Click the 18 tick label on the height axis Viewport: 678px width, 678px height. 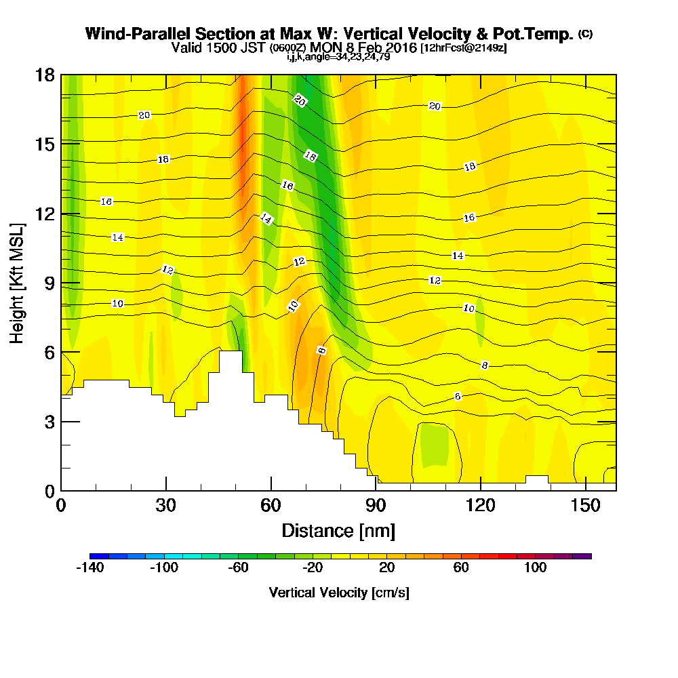(x=45, y=75)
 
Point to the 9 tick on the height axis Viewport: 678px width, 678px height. (x=61, y=283)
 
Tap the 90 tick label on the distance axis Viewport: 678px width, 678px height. (x=376, y=506)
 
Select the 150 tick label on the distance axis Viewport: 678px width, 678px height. (x=585, y=506)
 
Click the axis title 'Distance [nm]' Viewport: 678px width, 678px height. (x=338, y=530)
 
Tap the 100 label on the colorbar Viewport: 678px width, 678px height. (x=536, y=567)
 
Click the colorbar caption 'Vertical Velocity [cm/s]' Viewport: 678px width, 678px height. (x=339, y=593)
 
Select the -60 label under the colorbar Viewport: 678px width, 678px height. (x=238, y=567)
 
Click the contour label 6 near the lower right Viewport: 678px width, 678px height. (x=458, y=397)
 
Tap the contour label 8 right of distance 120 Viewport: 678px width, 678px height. (x=484, y=365)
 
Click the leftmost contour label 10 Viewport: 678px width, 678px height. (x=117, y=304)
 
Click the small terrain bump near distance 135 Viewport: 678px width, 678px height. (x=537, y=479)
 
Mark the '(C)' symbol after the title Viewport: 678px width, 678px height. (x=585, y=34)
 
